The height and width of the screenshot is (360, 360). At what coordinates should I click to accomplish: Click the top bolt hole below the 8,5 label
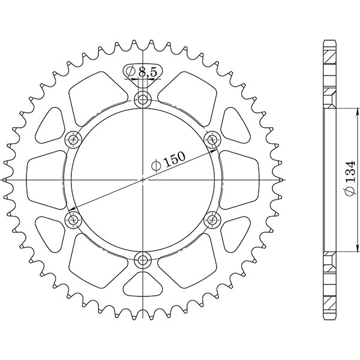point(143,100)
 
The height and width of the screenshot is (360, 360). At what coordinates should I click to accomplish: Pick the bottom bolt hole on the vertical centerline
point(143,260)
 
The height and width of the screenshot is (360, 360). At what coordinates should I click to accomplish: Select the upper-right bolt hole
point(212,140)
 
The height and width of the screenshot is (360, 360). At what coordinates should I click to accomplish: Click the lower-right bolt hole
point(212,220)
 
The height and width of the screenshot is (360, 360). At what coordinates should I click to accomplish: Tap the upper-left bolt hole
point(74,140)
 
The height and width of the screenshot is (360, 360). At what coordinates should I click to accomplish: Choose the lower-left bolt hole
point(74,220)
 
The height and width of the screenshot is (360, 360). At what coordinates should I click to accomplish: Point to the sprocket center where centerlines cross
point(143,179)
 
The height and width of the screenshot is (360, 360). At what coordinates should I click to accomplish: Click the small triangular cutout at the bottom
point(143,284)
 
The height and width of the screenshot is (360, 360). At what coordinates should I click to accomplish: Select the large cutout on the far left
point(47,179)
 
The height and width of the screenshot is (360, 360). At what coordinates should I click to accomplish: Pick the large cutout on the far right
point(239,179)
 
